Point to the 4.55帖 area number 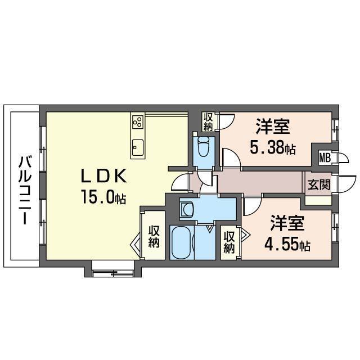click(x=287, y=245)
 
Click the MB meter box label click(x=325, y=157)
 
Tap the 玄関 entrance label click(x=318, y=184)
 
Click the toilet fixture click(x=203, y=149)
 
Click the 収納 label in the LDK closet click(x=154, y=237)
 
